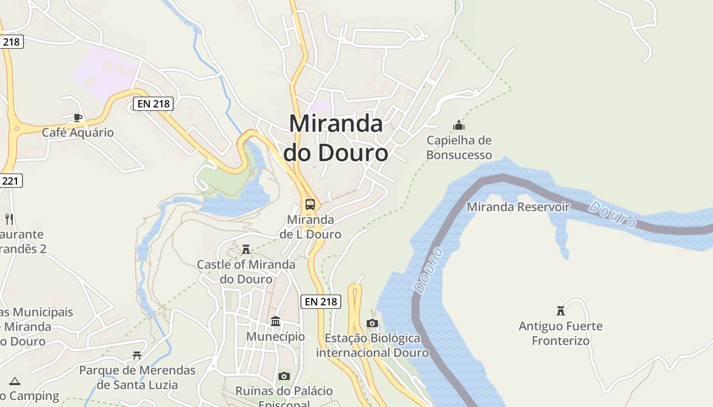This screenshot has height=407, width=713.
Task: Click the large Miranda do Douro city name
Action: click(x=336, y=138)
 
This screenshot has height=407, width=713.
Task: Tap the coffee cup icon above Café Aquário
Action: click(x=77, y=118)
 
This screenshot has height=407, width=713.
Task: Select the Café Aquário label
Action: click(x=77, y=133)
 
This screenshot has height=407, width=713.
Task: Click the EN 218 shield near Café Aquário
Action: click(x=153, y=104)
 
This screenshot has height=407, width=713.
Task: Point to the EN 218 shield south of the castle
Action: click(x=320, y=301)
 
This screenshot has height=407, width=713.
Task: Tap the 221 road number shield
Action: click(x=11, y=180)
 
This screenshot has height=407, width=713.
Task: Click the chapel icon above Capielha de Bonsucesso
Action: click(x=459, y=125)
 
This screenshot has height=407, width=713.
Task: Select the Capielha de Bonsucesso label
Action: click(x=459, y=148)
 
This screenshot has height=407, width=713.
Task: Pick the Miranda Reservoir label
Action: click(x=518, y=207)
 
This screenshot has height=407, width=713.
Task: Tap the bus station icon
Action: click(x=310, y=205)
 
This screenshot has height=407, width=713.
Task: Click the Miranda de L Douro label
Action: click(x=311, y=227)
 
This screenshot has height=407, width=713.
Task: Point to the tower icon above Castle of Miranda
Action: click(x=246, y=249)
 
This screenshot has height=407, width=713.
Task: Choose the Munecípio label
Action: click(x=276, y=337)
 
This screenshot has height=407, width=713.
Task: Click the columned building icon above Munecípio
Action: click(x=276, y=322)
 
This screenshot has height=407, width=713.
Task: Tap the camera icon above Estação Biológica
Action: click(x=372, y=324)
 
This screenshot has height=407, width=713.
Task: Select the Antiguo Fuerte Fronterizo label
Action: click(x=560, y=333)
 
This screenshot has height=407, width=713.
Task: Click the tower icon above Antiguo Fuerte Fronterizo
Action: click(x=561, y=310)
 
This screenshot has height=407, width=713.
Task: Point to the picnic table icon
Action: click(x=137, y=355)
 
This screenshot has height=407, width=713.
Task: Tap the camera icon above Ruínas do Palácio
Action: click(x=284, y=376)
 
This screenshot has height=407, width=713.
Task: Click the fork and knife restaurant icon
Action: click(x=9, y=219)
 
